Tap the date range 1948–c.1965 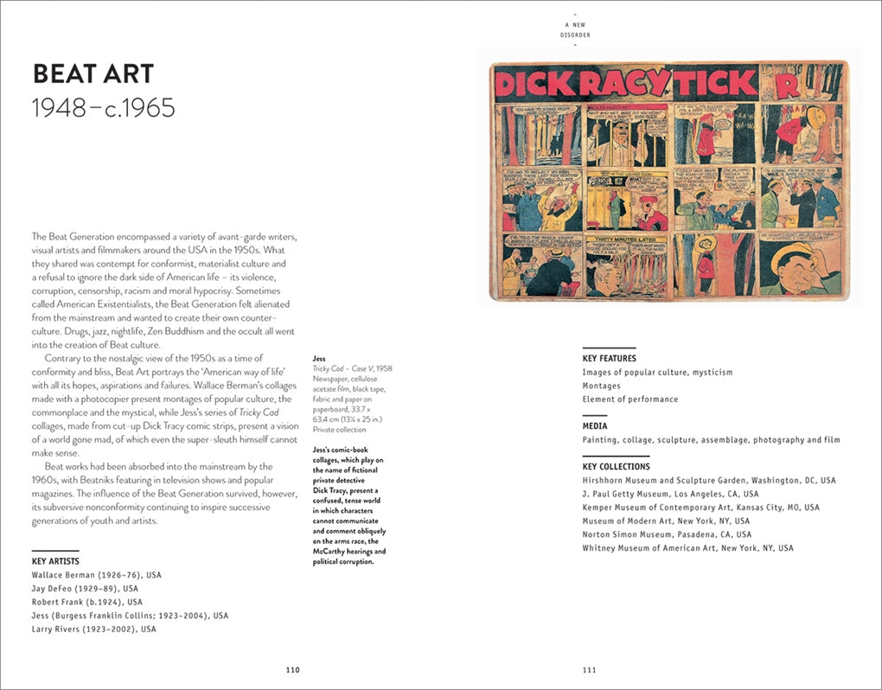point(103,108)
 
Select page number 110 point(292,669)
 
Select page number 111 point(589,669)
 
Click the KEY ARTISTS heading point(56,560)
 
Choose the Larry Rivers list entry point(93,629)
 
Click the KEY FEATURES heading point(609,358)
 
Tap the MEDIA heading point(595,425)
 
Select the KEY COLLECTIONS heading point(616,466)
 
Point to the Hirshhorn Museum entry point(709,480)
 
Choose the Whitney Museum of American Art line point(687,548)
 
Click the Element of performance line point(630,399)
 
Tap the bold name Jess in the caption point(319,358)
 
